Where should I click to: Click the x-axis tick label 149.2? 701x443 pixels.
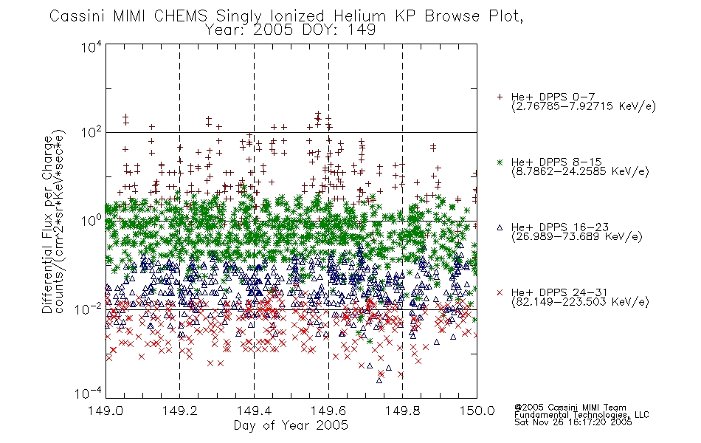pyautogui.click(x=180, y=411)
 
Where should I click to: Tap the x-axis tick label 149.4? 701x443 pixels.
pyautogui.click(x=255, y=411)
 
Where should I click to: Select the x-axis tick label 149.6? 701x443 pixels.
pyautogui.click(x=328, y=411)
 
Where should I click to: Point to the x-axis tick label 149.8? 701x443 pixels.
pyautogui.click(x=403, y=411)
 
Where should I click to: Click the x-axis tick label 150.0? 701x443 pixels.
pyautogui.click(x=477, y=411)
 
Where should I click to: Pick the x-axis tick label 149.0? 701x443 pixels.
pyautogui.click(x=106, y=411)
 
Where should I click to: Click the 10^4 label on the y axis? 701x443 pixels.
pyautogui.click(x=91, y=47)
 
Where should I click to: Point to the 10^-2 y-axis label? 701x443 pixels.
pyautogui.click(x=89, y=309)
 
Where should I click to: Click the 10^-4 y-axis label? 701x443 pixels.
pyautogui.click(x=89, y=393)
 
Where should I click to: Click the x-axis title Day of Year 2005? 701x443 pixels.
pyautogui.click(x=291, y=425)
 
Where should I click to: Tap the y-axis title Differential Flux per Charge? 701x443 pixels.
pyautogui.click(x=47, y=225)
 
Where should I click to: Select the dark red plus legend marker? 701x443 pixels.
pyautogui.click(x=500, y=97)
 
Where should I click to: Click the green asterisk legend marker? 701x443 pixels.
pyautogui.click(x=500, y=162)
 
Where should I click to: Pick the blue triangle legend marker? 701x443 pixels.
pyautogui.click(x=500, y=227)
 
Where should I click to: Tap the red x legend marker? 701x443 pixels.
pyautogui.click(x=500, y=292)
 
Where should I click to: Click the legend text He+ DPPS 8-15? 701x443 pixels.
pyautogui.click(x=556, y=162)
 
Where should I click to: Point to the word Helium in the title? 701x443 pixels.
pyautogui.click(x=360, y=16)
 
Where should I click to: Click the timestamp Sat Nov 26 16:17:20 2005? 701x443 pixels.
pyautogui.click(x=573, y=422)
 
